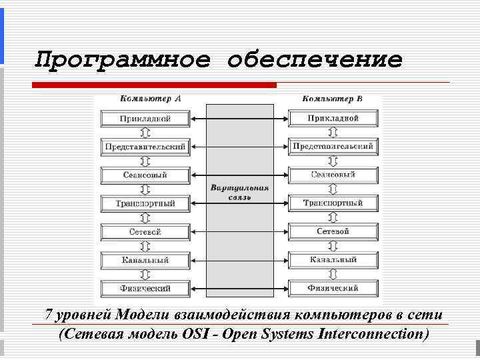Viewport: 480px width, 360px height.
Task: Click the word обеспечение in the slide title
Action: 315,60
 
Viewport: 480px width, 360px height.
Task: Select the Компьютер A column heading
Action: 150,99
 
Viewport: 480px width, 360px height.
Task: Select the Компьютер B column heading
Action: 332,99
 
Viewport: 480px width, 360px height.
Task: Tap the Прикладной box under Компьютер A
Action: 145,119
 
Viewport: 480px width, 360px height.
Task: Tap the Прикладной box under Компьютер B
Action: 333,119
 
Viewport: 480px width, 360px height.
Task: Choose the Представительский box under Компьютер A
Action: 145,147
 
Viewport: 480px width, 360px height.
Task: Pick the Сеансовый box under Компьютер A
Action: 145,175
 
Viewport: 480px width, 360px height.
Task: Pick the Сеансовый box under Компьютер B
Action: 333,175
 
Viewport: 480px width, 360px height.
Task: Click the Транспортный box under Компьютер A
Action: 145,203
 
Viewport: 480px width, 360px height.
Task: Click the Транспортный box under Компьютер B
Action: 333,203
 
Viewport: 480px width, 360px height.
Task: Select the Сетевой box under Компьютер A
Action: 145,232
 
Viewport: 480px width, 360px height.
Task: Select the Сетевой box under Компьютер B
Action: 333,231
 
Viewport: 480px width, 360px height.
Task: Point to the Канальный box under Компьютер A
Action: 145,260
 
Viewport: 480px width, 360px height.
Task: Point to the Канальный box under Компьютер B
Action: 333,260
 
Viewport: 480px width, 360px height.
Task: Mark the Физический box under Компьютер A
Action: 145,289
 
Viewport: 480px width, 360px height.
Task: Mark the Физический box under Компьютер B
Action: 333,289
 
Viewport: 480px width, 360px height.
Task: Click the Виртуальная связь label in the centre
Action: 240,193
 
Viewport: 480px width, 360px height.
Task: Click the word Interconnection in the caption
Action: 373,333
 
